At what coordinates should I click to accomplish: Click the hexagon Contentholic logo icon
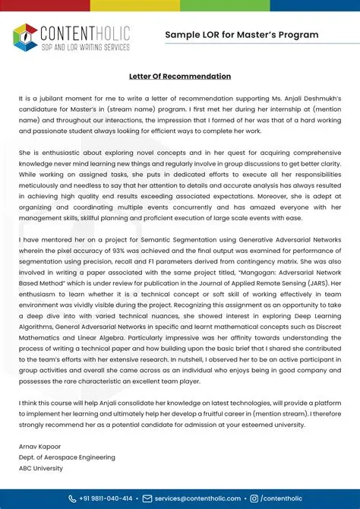(x=25, y=35)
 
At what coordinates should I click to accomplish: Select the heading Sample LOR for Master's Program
(x=242, y=35)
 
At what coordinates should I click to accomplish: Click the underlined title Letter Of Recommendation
(x=180, y=77)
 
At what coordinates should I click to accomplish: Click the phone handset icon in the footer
(x=71, y=498)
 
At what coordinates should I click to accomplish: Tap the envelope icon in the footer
(x=147, y=498)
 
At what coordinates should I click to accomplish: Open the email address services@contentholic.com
(x=197, y=498)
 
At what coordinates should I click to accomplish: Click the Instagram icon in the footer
(x=254, y=498)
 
